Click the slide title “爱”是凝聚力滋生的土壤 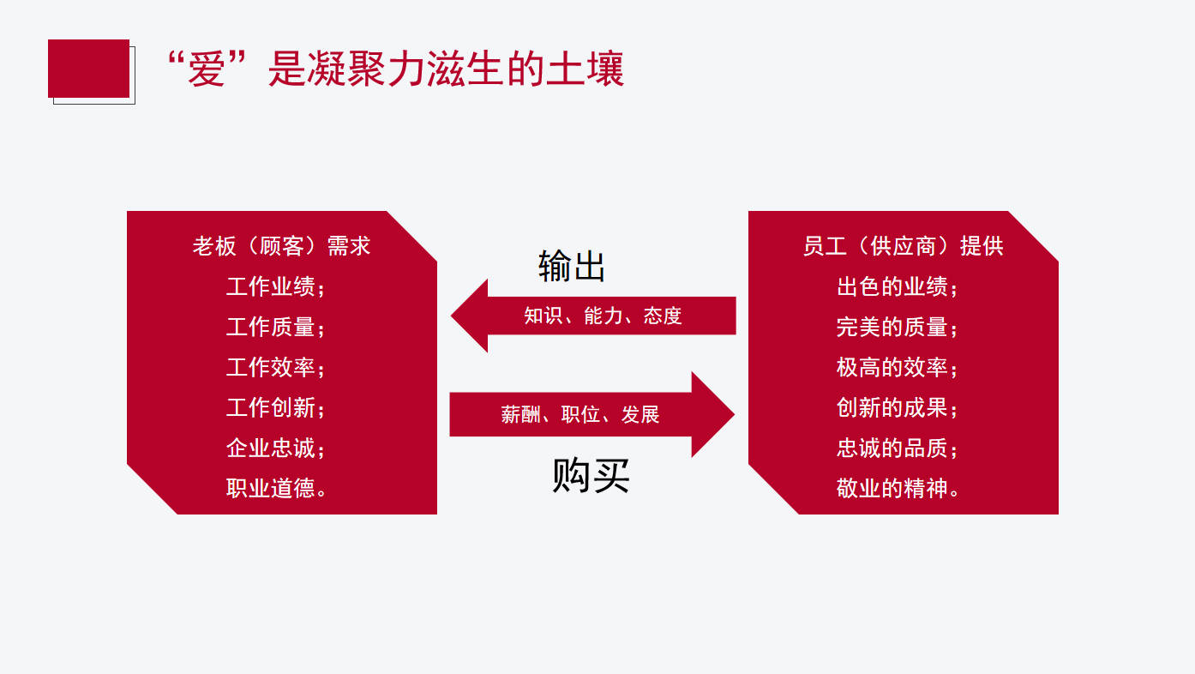pos(394,69)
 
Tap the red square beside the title pos(88,69)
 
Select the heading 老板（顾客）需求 pos(281,246)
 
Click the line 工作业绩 pos(275,286)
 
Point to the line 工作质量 pos(275,327)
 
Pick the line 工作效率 pos(275,367)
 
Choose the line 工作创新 pos(275,407)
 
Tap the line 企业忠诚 pos(275,448)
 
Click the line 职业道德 pos(275,489)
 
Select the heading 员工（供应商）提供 pos(903,246)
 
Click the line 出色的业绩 pos(897,286)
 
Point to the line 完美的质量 pos(897,327)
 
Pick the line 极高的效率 pos(897,367)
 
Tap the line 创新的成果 pos(897,407)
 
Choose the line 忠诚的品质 pos(897,448)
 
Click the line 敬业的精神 pos(897,489)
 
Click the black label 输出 pos(572,267)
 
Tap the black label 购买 pos(591,475)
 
